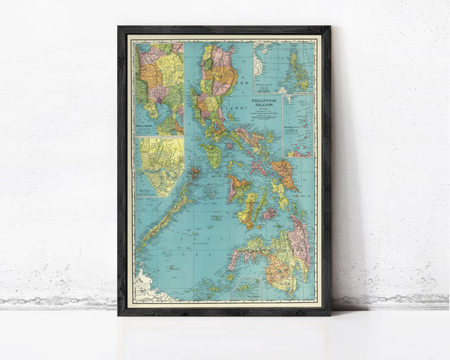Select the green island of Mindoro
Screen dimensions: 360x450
click(x=212, y=156)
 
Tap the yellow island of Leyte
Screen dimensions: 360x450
click(x=279, y=193)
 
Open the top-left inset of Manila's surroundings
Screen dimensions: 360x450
click(x=160, y=86)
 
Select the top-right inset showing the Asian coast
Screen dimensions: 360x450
click(x=284, y=66)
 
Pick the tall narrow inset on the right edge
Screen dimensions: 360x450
click(x=300, y=124)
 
